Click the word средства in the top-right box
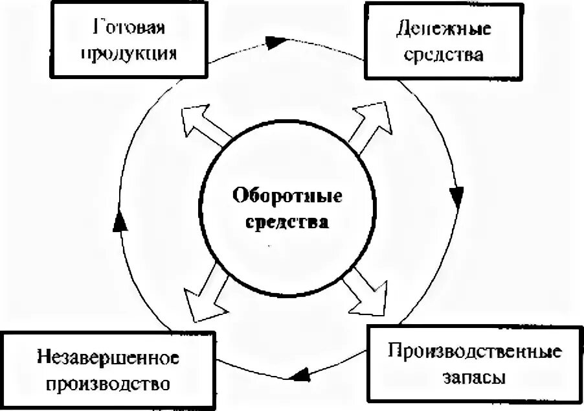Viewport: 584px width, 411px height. click(444, 55)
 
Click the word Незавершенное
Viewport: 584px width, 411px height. click(107, 357)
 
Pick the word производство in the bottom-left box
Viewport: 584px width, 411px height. click(107, 382)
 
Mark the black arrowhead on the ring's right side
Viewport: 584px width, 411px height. click(457, 195)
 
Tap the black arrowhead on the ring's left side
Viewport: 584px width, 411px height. click(118, 222)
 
